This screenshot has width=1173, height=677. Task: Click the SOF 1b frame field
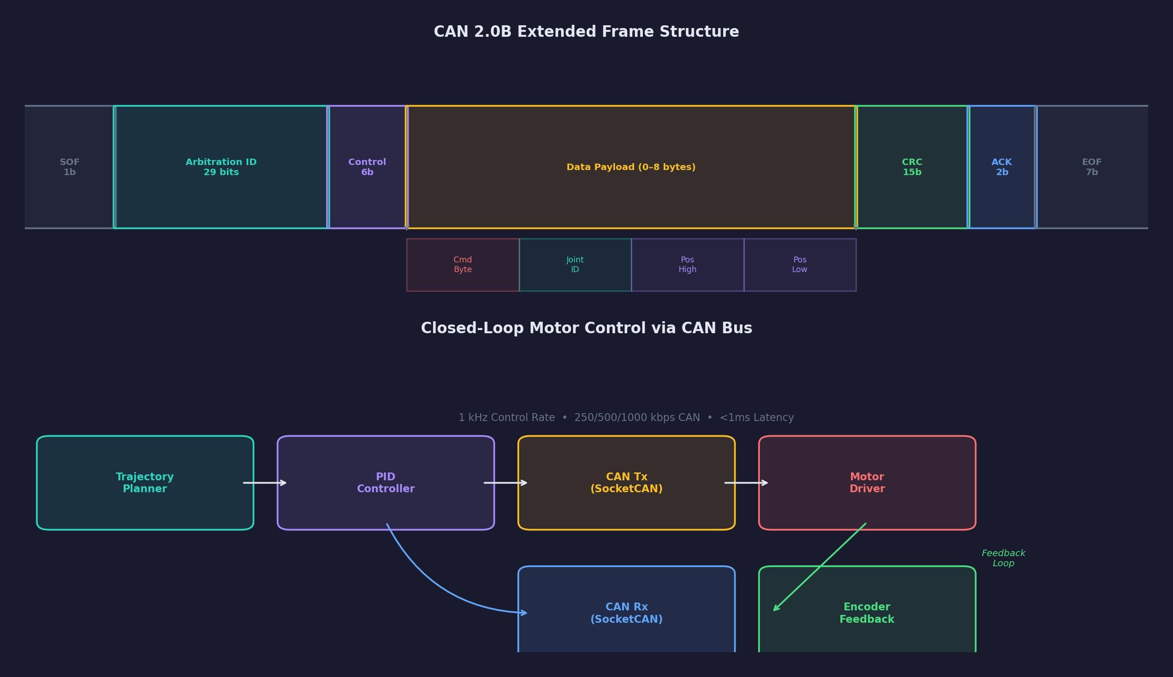point(69,167)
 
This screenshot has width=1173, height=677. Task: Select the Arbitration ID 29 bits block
point(221,167)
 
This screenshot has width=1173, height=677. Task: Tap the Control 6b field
point(367,167)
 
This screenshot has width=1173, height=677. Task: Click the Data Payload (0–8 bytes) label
point(631,167)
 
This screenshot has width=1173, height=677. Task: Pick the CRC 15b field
point(912,167)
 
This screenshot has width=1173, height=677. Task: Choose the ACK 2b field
point(1002,167)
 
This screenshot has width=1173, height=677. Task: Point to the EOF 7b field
point(1091,167)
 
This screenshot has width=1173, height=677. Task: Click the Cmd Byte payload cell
point(462,265)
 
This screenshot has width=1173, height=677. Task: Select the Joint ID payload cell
point(575,265)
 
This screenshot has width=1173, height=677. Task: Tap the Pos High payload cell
point(687,265)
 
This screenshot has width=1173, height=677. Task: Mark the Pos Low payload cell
point(799,265)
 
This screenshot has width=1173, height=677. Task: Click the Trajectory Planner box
point(145,483)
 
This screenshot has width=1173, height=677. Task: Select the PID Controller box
point(385,483)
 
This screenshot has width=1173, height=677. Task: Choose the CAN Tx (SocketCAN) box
point(626,483)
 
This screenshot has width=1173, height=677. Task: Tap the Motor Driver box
point(867,483)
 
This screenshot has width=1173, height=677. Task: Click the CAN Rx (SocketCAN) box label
point(626,613)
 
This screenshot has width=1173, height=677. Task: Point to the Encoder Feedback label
point(867,613)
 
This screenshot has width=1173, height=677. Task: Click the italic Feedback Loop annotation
point(1003,558)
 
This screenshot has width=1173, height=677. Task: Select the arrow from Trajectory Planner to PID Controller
point(265,483)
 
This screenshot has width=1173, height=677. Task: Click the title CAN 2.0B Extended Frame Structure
point(586,32)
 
